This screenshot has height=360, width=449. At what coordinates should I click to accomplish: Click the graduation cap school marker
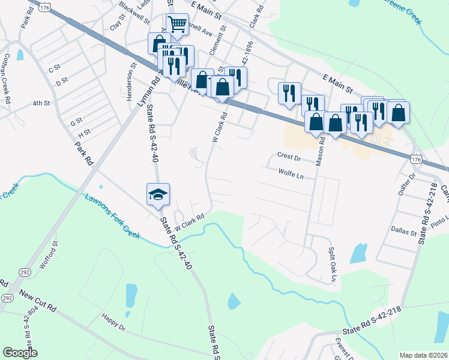pyautogui.click(x=158, y=194)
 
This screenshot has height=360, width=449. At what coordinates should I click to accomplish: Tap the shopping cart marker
pyautogui.click(x=177, y=25)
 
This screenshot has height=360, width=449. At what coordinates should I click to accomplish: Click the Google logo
pyautogui.click(x=20, y=352)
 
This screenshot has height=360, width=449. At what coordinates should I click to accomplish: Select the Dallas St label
pyautogui.click(x=405, y=231)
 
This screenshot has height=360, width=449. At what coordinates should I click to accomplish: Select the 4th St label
pyautogui.click(x=41, y=103)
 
